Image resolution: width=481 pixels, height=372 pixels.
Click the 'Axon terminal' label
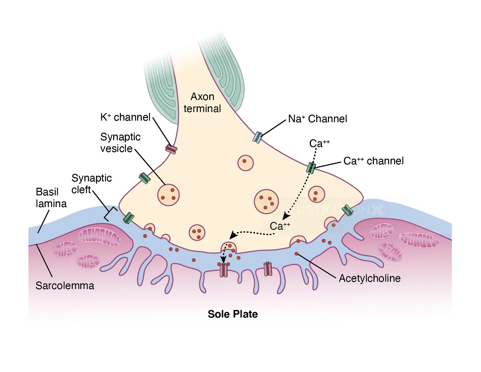point(202,102)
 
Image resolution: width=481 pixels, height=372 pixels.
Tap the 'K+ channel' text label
point(125,117)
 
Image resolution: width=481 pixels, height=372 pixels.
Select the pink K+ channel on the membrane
point(171,149)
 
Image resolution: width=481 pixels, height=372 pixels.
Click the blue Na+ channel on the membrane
point(258,137)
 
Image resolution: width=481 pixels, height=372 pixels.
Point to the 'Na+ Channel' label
point(318,119)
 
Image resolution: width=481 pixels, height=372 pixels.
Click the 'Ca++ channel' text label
point(373,161)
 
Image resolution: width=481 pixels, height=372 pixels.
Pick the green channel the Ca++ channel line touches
point(311,167)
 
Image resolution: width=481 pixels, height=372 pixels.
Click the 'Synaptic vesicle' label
point(120,142)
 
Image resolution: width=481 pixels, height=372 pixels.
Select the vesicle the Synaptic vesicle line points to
point(169,195)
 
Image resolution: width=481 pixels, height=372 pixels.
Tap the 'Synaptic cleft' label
point(91,184)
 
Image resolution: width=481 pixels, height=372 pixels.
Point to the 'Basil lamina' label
point(51,198)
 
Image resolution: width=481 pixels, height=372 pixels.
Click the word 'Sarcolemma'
point(65,286)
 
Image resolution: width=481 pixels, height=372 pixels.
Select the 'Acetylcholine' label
point(370,278)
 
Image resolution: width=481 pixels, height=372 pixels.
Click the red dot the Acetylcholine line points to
point(296,254)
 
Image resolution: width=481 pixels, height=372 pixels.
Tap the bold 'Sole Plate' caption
point(233,314)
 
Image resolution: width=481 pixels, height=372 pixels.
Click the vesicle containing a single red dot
point(245,163)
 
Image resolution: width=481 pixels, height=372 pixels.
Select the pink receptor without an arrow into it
point(268,269)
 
